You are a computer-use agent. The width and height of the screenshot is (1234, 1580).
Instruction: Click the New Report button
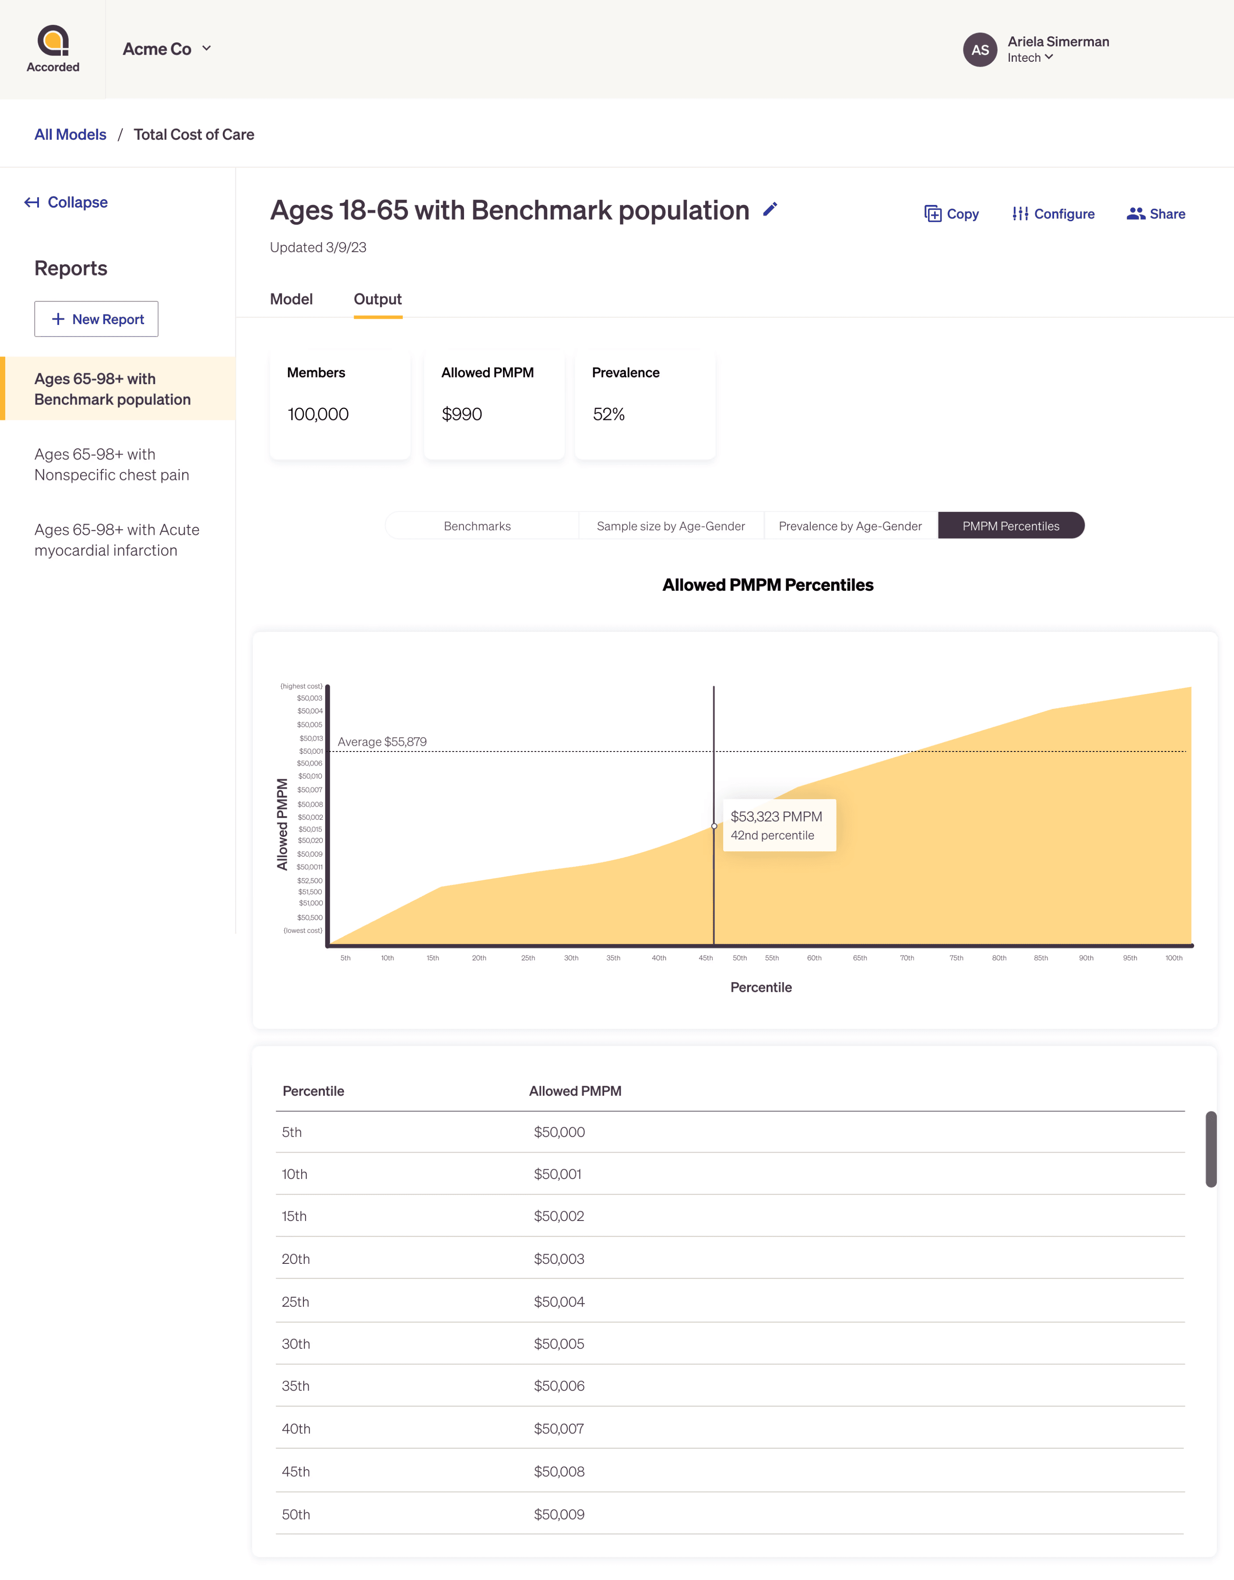(x=96, y=319)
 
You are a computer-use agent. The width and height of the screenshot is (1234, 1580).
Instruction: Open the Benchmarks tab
(x=478, y=526)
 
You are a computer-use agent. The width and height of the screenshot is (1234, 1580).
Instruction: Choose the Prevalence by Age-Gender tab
(x=850, y=526)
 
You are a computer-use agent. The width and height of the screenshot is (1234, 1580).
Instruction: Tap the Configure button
(x=1053, y=214)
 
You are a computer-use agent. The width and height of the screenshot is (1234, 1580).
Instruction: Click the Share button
(x=1156, y=214)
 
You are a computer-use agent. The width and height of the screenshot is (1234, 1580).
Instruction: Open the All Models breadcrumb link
(x=70, y=134)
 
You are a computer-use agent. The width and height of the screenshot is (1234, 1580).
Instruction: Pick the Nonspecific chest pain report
(x=112, y=465)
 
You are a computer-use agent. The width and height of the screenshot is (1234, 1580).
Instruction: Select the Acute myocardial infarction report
(x=117, y=540)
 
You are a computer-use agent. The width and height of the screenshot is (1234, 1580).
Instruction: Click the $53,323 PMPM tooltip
(x=780, y=825)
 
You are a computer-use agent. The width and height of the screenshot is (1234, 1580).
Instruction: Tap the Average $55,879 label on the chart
(x=382, y=741)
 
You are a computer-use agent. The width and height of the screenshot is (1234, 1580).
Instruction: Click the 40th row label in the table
(x=296, y=1429)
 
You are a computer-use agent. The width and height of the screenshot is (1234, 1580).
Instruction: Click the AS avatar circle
(x=980, y=50)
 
